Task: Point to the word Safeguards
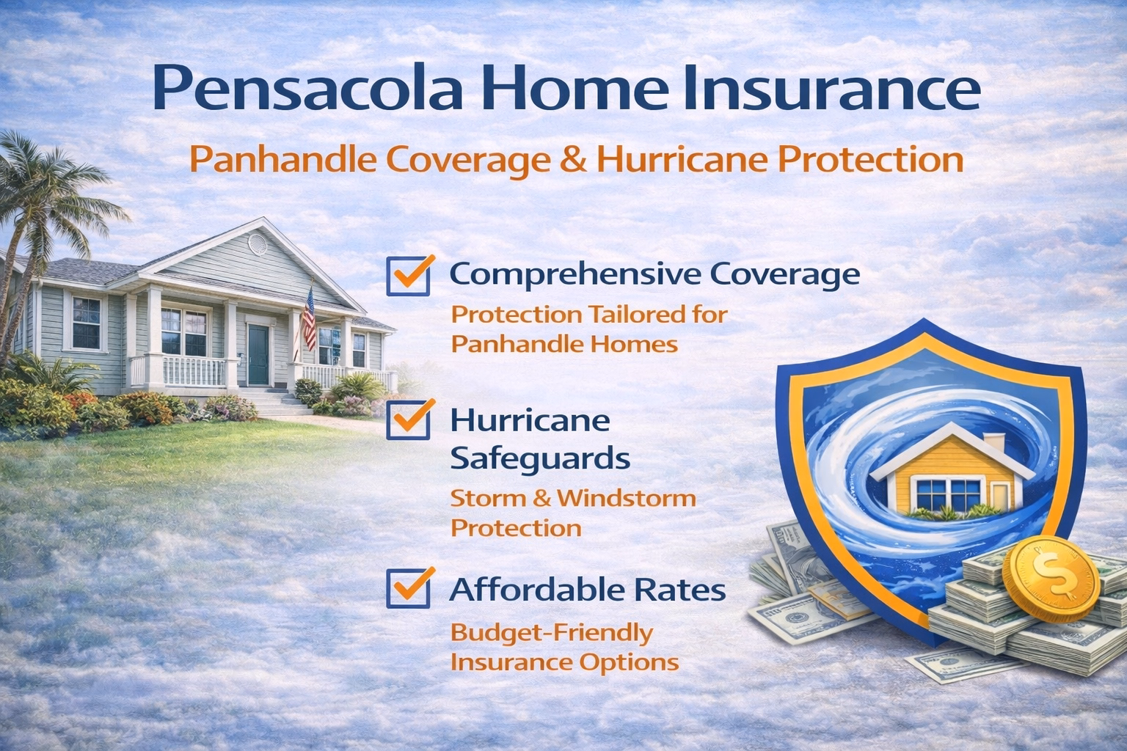pos(539,459)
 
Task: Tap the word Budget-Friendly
pos(551,632)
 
